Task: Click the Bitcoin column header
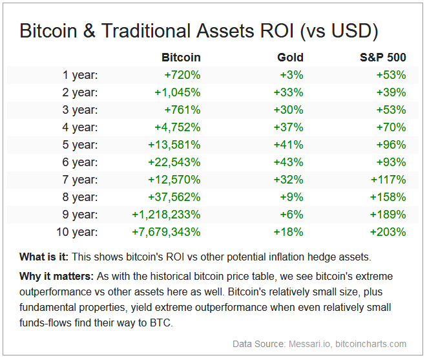point(181,58)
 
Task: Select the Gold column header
point(289,58)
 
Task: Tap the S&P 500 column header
point(382,58)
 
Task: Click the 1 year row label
point(80,75)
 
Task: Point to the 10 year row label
point(77,231)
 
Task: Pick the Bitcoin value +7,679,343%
point(166,231)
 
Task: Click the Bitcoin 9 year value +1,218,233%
point(166,214)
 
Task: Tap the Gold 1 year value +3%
point(291,75)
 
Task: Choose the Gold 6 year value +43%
point(288,162)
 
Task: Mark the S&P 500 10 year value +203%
point(388,231)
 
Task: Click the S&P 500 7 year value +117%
point(388,180)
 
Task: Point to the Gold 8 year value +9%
point(291,196)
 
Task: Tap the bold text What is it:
point(46,257)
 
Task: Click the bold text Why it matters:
point(56,277)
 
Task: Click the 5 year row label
point(80,145)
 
